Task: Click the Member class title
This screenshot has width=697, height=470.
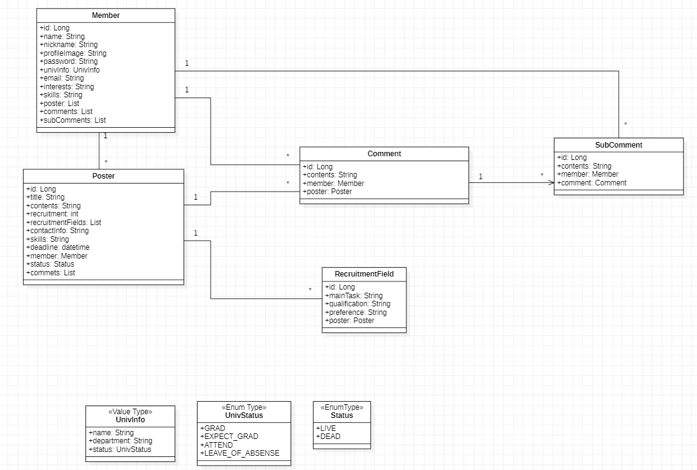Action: click(x=105, y=15)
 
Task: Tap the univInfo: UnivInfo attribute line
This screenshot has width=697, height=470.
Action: click(x=69, y=70)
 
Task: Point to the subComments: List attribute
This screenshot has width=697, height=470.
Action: click(x=72, y=120)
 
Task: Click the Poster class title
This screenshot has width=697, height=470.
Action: click(x=103, y=176)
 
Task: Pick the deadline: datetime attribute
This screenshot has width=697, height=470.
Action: click(x=58, y=247)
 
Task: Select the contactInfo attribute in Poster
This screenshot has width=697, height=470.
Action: click(x=58, y=231)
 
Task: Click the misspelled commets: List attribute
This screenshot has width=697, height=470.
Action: click(x=50, y=272)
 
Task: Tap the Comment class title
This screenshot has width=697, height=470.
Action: click(x=384, y=154)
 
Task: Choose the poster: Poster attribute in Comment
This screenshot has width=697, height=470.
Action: click(x=327, y=192)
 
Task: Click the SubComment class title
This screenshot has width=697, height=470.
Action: click(x=618, y=145)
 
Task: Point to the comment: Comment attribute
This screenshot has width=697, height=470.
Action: click(x=592, y=183)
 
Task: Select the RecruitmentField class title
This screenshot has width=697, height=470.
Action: click(x=364, y=273)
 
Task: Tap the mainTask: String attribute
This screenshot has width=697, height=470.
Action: click(x=354, y=296)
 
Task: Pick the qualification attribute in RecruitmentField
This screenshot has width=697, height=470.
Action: click(x=357, y=304)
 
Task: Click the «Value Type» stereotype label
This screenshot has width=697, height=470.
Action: click(x=130, y=411)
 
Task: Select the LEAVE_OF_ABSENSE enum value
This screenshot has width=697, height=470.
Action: click(x=239, y=453)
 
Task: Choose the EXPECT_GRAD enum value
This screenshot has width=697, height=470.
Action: click(x=229, y=437)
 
